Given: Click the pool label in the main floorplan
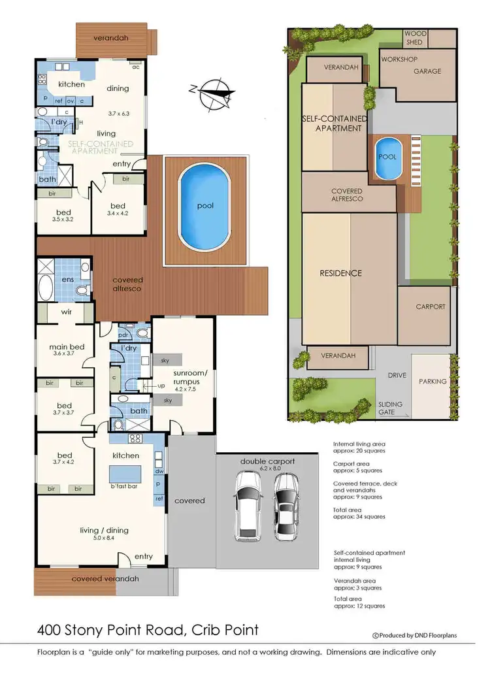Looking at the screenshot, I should coord(205,205).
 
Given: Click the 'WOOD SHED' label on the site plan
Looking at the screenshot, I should coord(415,37).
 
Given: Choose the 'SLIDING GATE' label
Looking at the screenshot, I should coord(391,408).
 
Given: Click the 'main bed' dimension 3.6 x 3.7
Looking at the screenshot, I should coord(64,354).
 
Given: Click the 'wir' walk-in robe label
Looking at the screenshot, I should coord(66,312).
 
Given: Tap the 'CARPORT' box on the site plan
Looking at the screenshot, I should coord(430,306).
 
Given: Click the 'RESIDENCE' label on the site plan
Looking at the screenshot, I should coord(340,273).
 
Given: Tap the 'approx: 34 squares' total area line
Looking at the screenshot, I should coord(359,517).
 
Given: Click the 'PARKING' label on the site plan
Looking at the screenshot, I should coord(433,381).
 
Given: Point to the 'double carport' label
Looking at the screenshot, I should coord(269,461).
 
